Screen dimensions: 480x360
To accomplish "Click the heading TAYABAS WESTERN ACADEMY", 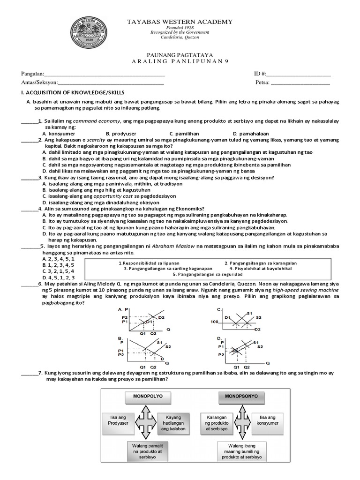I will [180, 22].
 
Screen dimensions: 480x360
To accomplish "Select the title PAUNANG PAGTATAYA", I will [180, 55].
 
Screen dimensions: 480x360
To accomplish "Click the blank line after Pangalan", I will [104, 75].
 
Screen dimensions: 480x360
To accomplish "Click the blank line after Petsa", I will [300, 83].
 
